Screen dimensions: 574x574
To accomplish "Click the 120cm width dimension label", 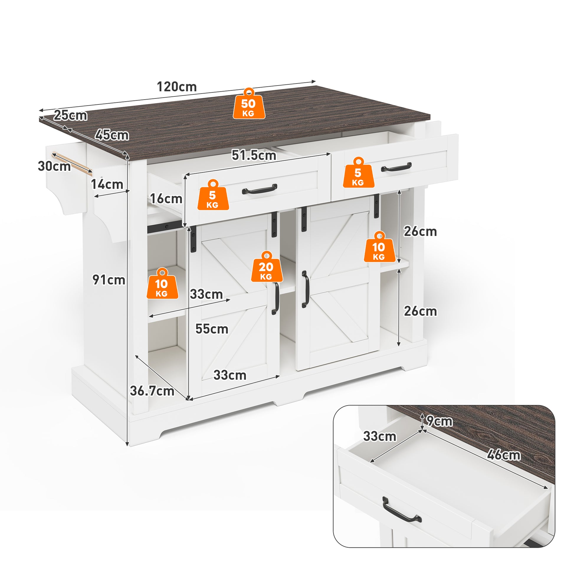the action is coord(177,87).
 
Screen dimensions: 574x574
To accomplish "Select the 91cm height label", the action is coord(109,280).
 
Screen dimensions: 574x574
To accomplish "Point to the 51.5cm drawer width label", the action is coord(254,155).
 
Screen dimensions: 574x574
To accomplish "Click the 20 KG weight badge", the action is coord(267,267).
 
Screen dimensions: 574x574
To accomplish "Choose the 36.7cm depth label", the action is coord(152,391).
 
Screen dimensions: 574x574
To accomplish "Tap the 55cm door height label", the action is coord(212,329).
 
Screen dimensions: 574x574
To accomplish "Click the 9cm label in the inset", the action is coord(439,421).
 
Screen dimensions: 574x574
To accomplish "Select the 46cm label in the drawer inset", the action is coord(504,455).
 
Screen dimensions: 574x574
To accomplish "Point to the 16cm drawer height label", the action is coord(166,199).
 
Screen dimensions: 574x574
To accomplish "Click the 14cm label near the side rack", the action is coord(107,184).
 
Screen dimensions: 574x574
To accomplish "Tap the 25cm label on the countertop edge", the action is coord(70,115).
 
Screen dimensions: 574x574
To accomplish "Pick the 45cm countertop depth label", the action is coord(112,135).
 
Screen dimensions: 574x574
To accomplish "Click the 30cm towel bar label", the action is coord(54,166).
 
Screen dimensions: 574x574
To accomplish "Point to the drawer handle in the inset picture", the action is coord(402,509).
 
